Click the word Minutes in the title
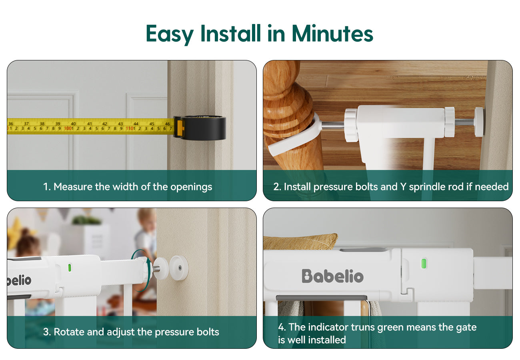332,34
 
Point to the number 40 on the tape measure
73,124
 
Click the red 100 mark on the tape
68,128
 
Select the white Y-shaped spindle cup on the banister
294,136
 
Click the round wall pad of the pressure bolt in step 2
479,122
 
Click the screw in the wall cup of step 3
180,268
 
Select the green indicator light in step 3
70,268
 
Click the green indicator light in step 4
424,264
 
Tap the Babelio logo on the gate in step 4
333,276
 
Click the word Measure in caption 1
73,187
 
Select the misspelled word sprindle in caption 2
428,187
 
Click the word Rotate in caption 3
69,332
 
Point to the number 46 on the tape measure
168,124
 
